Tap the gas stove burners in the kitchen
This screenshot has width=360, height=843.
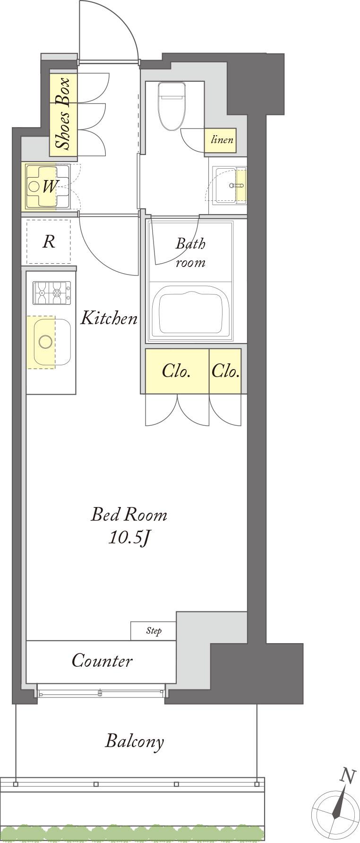click(x=51, y=293)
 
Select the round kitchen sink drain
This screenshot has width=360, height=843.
click(x=45, y=341)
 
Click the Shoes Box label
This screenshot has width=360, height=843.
click(x=62, y=114)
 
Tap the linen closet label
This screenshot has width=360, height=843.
click(x=222, y=140)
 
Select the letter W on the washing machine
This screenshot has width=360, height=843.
click(x=49, y=187)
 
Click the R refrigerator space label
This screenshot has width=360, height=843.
click(x=49, y=242)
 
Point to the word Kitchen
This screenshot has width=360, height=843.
click(x=109, y=318)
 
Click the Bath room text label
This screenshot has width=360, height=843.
click(x=191, y=253)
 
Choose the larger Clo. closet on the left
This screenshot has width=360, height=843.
click(x=177, y=371)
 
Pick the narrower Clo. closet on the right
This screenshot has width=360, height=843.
click(x=225, y=371)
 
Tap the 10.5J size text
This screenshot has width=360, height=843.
click(x=129, y=537)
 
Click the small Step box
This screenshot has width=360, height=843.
click(x=154, y=631)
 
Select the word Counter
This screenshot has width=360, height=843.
click(x=102, y=660)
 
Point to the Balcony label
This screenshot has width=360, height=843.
click(x=135, y=741)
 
